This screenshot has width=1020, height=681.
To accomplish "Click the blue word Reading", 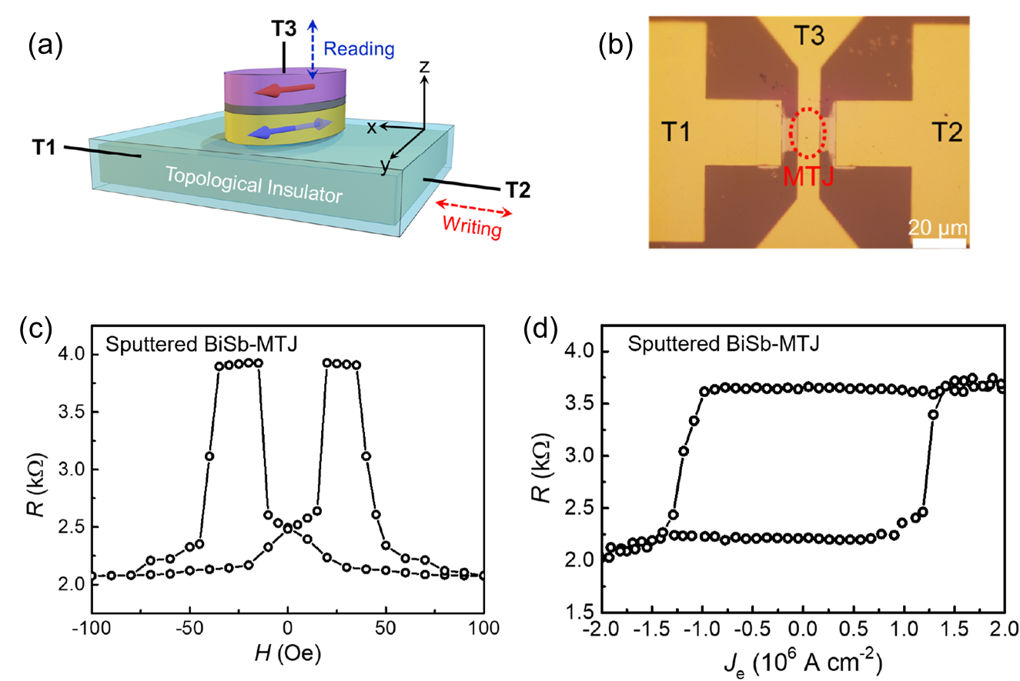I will point(359,49).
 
